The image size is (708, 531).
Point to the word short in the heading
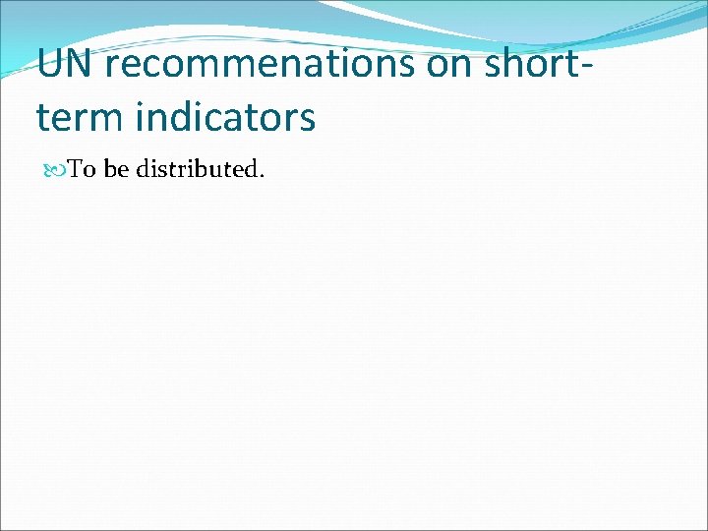(528, 64)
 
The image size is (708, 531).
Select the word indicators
(226, 117)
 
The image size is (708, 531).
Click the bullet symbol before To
(56, 170)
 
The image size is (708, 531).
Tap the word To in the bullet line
(82, 169)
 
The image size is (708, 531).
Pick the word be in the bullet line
(116, 169)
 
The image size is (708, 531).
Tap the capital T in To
(76, 169)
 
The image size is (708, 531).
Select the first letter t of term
(43, 117)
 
